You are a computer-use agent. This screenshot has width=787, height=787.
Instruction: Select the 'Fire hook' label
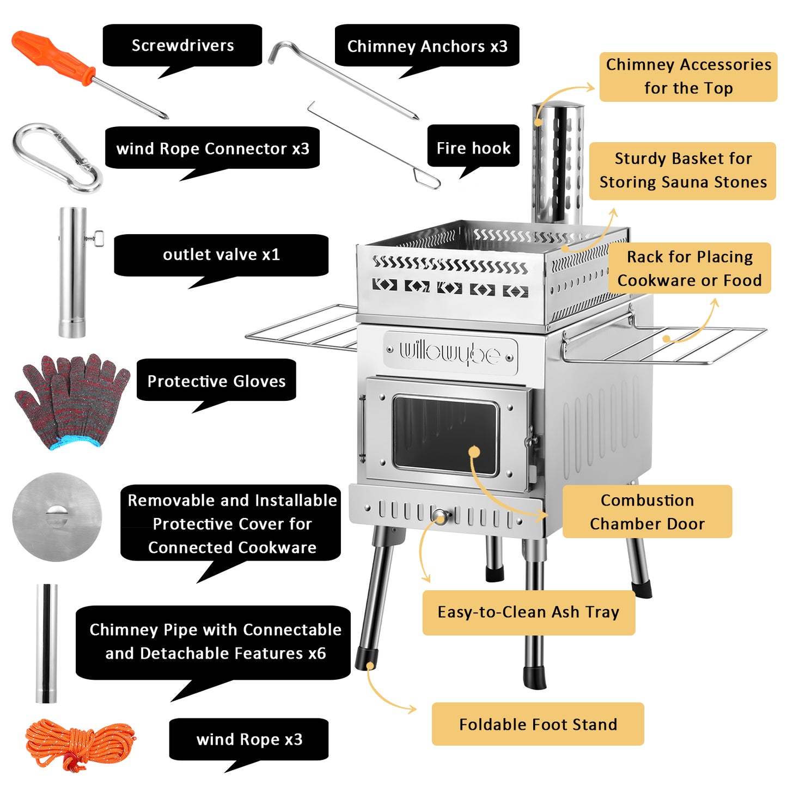click(x=473, y=148)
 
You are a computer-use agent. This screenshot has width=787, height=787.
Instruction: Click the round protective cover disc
click(x=57, y=517)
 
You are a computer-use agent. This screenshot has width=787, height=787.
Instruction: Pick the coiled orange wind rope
click(x=79, y=744)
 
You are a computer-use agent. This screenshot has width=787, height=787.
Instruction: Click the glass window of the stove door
click(x=445, y=435)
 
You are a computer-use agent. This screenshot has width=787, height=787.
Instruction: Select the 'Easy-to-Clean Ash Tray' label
click(x=528, y=612)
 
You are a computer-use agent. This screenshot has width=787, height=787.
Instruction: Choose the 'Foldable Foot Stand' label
click(x=538, y=724)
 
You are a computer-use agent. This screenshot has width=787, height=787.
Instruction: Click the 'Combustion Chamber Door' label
click(x=647, y=512)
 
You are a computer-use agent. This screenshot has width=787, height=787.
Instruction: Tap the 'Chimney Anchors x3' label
click(x=427, y=46)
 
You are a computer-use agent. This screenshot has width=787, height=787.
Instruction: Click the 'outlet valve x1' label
click(x=221, y=254)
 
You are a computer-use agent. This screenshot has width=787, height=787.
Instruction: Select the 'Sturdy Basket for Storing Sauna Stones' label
click(x=682, y=170)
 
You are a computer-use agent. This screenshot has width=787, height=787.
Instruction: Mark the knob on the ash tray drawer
click(x=440, y=516)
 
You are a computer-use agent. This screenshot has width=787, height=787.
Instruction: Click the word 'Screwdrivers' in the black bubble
click(x=182, y=46)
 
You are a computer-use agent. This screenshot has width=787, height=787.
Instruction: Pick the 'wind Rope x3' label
click(x=249, y=739)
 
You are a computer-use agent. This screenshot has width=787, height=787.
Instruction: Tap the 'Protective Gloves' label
click(x=216, y=381)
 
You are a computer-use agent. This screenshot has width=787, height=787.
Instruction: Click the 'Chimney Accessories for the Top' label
click(x=688, y=76)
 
